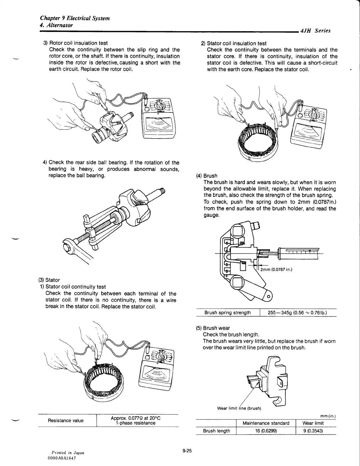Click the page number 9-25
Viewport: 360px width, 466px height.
coord(187,450)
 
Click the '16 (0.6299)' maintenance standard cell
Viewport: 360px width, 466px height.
coord(266,431)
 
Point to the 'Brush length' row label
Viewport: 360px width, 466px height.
coord(217,431)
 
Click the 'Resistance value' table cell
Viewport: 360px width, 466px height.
coord(66,420)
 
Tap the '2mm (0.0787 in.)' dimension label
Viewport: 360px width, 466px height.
coord(276,270)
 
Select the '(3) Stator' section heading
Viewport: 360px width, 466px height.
coord(49,280)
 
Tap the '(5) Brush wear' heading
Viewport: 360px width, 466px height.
coord(213,328)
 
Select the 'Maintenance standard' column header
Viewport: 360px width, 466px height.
coord(266,423)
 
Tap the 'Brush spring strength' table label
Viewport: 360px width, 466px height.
coord(228,312)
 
